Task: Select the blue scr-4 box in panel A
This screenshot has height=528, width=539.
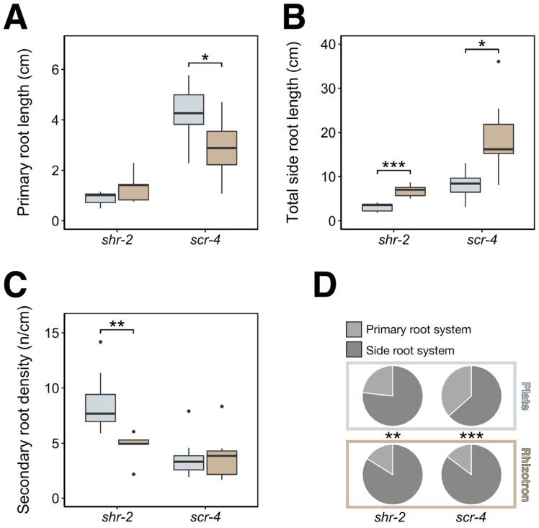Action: tap(188, 109)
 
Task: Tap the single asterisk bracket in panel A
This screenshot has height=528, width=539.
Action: tap(205, 61)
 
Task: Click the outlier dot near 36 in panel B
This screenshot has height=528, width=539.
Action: tap(499, 62)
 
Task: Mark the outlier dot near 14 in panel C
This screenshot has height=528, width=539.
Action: tap(100, 342)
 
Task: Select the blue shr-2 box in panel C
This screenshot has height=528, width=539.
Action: tap(100, 408)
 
